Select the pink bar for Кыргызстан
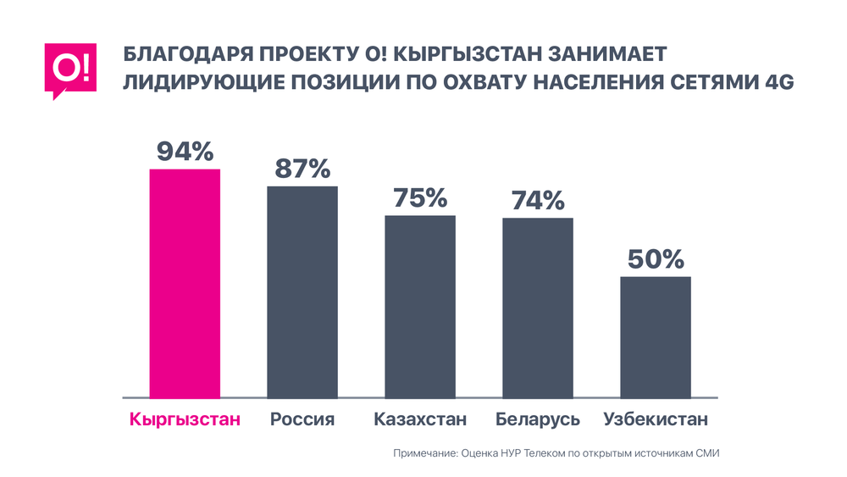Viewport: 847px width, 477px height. [x=185, y=283]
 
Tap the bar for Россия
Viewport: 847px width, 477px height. [x=302, y=291]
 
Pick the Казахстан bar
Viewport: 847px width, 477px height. [x=420, y=306]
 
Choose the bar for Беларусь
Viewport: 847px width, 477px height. [x=538, y=308]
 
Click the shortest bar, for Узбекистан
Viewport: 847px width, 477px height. [x=656, y=336]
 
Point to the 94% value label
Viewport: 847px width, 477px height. [x=185, y=152]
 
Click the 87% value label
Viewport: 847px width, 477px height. [x=302, y=169]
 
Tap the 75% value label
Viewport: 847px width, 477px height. [x=420, y=197]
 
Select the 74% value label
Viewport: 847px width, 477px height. [x=538, y=201]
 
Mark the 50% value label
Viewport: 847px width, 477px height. [x=656, y=259]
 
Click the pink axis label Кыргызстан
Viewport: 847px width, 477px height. [x=185, y=419]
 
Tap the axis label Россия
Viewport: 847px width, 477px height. [x=302, y=419]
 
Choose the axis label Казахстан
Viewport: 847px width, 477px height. [x=420, y=419]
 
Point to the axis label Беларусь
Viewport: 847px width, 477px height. [x=538, y=419]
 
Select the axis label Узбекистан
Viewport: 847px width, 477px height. [x=656, y=419]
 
